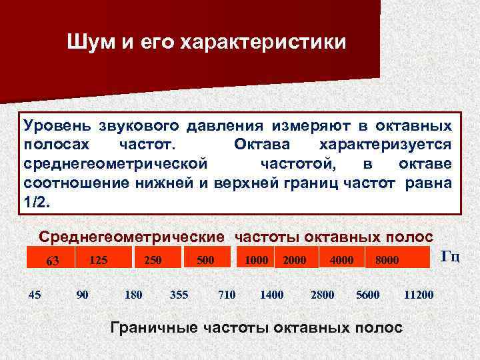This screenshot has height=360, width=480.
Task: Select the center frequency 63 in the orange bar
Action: [x=52, y=261]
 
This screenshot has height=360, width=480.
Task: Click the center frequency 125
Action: [x=99, y=259]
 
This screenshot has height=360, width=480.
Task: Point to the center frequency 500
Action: [x=205, y=259]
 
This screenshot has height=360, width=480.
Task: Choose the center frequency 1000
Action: [x=256, y=259]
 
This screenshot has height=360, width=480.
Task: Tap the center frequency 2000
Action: [x=294, y=260]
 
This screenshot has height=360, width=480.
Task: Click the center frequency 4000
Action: [x=341, y=259]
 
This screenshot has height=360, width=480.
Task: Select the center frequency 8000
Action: [x=386, y=260]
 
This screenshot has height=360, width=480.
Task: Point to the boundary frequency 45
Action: [x=34, y=294]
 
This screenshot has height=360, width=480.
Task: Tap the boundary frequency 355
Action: [x=179, y=294]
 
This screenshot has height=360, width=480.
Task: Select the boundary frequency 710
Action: [x=227, y=294]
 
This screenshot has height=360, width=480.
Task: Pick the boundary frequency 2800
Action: [x=323, y=294]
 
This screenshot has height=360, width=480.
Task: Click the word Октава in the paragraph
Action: [x=262, y=145]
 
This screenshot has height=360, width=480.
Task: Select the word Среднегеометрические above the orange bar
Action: [x=131, y=237]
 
